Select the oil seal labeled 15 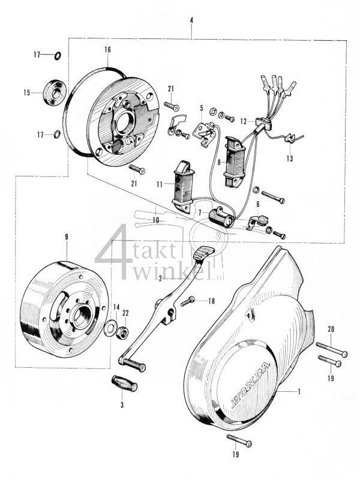coord(55,93)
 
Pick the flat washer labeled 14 coord(111,328)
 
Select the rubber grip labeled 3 coord(125,384)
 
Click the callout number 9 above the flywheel coord(67,236)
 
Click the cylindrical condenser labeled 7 coord(220,219)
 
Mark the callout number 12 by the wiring coord(244,121)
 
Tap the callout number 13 coord(290,159)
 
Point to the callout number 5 coord(202,109)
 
